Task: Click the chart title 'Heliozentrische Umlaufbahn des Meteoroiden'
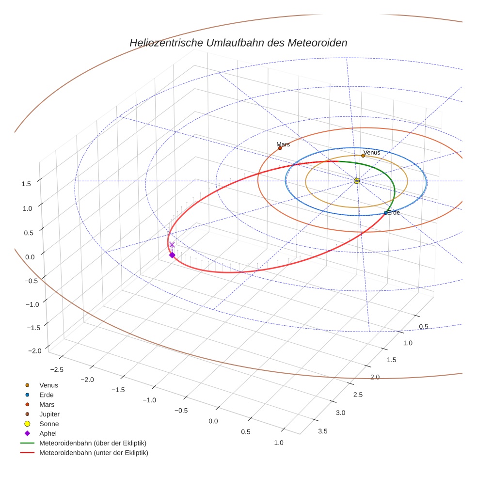[238, 43]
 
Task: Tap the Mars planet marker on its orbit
[280, 148]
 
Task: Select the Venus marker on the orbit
[363, 156]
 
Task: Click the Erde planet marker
[385, 213]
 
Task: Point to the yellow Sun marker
[357, 181]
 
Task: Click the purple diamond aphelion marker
[172, 255]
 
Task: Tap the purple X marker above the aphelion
[172, 245]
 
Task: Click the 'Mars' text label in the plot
[283, 144]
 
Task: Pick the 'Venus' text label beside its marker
[372, 152]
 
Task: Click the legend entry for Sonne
[49, 424]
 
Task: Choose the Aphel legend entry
[48, 433]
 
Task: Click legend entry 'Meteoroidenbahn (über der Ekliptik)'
[93, 443]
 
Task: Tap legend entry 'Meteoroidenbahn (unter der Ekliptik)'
[94, 453]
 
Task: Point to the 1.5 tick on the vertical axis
[26, 184]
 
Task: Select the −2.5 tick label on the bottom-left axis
[57, 369]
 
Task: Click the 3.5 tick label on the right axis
[322, 431]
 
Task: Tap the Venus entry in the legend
[48, 385]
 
